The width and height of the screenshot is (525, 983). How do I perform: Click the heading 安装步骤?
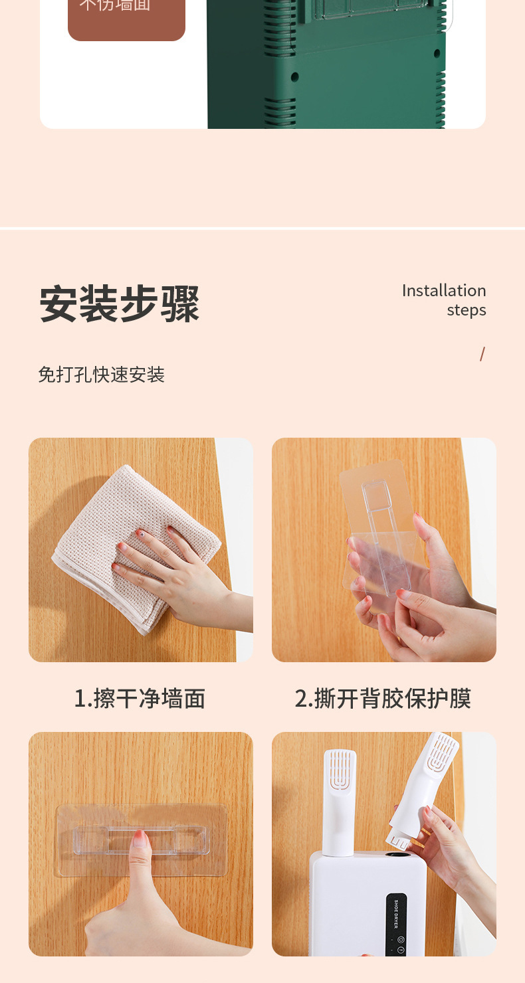120,304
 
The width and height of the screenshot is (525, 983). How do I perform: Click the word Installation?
443,291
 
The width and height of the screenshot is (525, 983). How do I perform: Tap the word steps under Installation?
466,310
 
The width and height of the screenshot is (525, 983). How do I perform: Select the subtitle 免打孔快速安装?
101,375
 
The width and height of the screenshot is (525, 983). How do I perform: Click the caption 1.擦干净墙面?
140,699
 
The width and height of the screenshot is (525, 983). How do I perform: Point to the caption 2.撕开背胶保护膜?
383,699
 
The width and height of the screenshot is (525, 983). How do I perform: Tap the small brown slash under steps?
482,354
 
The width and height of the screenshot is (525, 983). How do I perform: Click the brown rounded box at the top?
126,17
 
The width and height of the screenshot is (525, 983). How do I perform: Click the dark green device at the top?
326,66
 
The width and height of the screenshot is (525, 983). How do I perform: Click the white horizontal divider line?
262,228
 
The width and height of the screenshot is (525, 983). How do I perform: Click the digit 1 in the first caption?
79,699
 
